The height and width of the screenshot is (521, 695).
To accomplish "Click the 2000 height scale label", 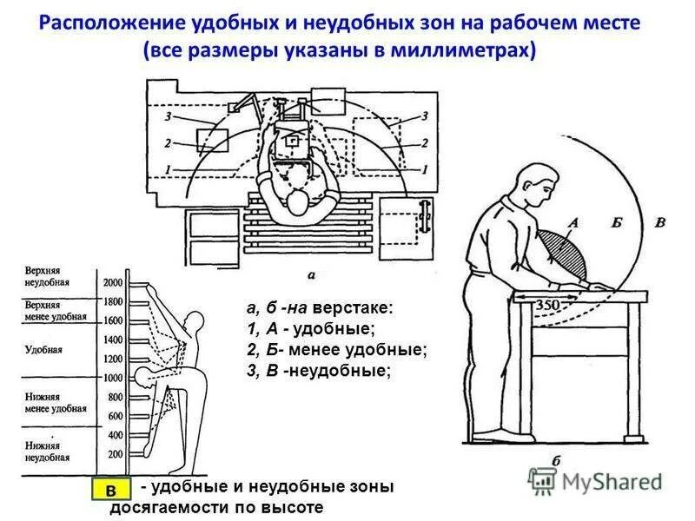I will [x=113, y=283].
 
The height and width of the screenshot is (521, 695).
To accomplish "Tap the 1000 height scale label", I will [x=113, y=378].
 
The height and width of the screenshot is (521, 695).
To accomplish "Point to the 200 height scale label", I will [x=116, y=454].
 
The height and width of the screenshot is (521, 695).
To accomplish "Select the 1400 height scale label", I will [x=113, y=340].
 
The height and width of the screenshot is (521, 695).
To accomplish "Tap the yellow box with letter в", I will [x=110, y=491].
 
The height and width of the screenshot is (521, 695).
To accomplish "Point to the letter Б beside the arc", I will [x=617, y=223].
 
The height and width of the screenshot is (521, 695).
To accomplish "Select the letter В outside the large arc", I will [x=659, y=223].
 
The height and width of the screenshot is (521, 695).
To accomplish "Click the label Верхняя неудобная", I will [x=48, y=275].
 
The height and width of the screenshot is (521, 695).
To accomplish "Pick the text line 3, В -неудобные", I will [x=319, y=371].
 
